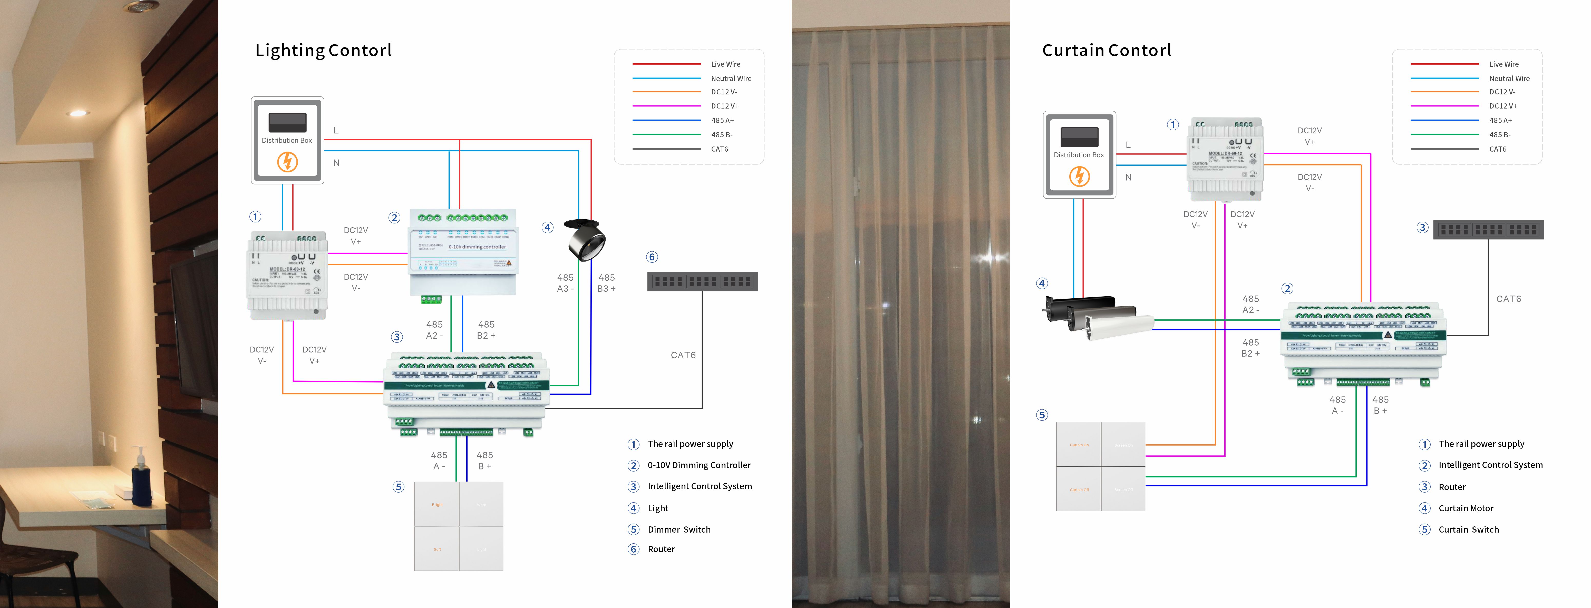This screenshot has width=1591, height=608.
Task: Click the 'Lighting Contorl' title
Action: (x=324, y=50)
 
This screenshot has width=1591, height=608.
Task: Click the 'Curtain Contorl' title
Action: (x=1107, y=50)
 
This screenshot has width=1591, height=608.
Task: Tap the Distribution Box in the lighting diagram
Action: (x=287, y=140)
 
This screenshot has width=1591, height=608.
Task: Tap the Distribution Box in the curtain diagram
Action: (x=1079, y=155)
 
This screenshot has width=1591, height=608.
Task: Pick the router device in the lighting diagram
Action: (x=702, y=281)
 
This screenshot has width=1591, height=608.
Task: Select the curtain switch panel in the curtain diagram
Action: (x=1101, y=467)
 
